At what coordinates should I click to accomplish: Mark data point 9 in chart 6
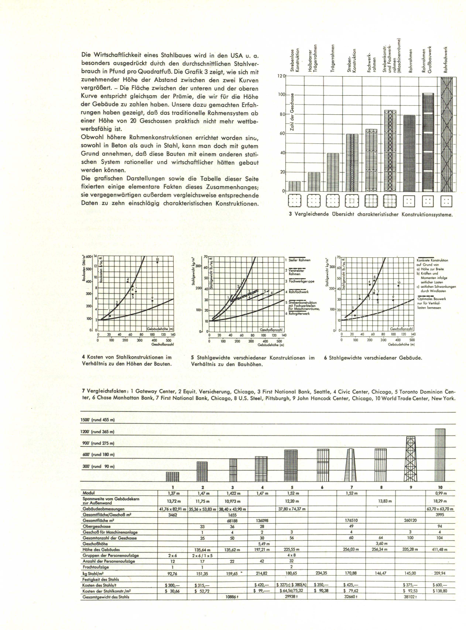pos(393,300)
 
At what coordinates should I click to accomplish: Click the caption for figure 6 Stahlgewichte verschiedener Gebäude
pos(373,358)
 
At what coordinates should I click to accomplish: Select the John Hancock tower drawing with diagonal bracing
pos(411,459)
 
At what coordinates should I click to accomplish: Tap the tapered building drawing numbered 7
pos(350,465)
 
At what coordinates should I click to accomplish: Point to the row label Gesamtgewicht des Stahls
pos(106,597)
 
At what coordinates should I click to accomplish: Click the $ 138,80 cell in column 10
pos(440,591)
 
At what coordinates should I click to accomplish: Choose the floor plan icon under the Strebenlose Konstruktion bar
pos(294,201)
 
